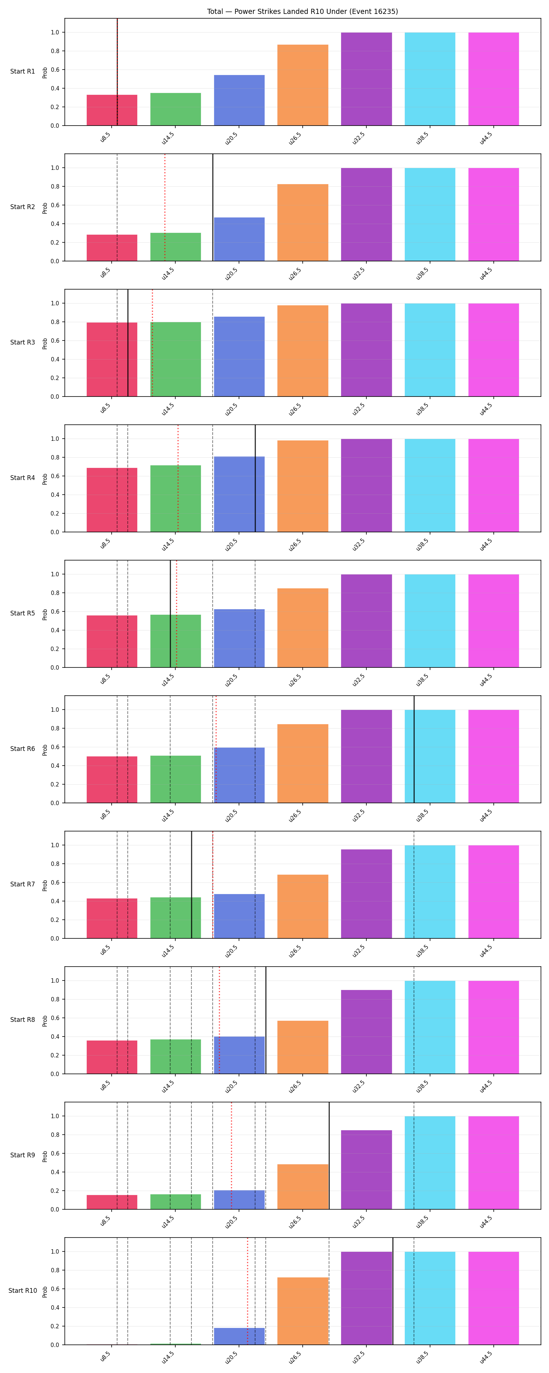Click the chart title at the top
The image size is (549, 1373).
(302, 11)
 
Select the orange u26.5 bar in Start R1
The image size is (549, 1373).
(303, 85)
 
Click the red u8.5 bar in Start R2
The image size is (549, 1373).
(112, 248)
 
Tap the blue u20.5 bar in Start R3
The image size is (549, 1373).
(239, 357)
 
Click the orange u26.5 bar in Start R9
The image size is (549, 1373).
(303, 1186)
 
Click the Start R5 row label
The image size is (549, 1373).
(22, 614)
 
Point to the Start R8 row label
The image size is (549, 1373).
(22, 1020)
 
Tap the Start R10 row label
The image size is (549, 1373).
(22, 1290)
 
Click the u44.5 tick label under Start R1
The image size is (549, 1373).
(486, 138)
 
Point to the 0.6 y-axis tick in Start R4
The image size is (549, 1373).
(55, 476)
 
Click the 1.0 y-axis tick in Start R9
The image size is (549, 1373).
(55, 1116)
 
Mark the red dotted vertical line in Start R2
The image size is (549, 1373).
(165, 207)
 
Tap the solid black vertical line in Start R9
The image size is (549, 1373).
(329, 1156)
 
